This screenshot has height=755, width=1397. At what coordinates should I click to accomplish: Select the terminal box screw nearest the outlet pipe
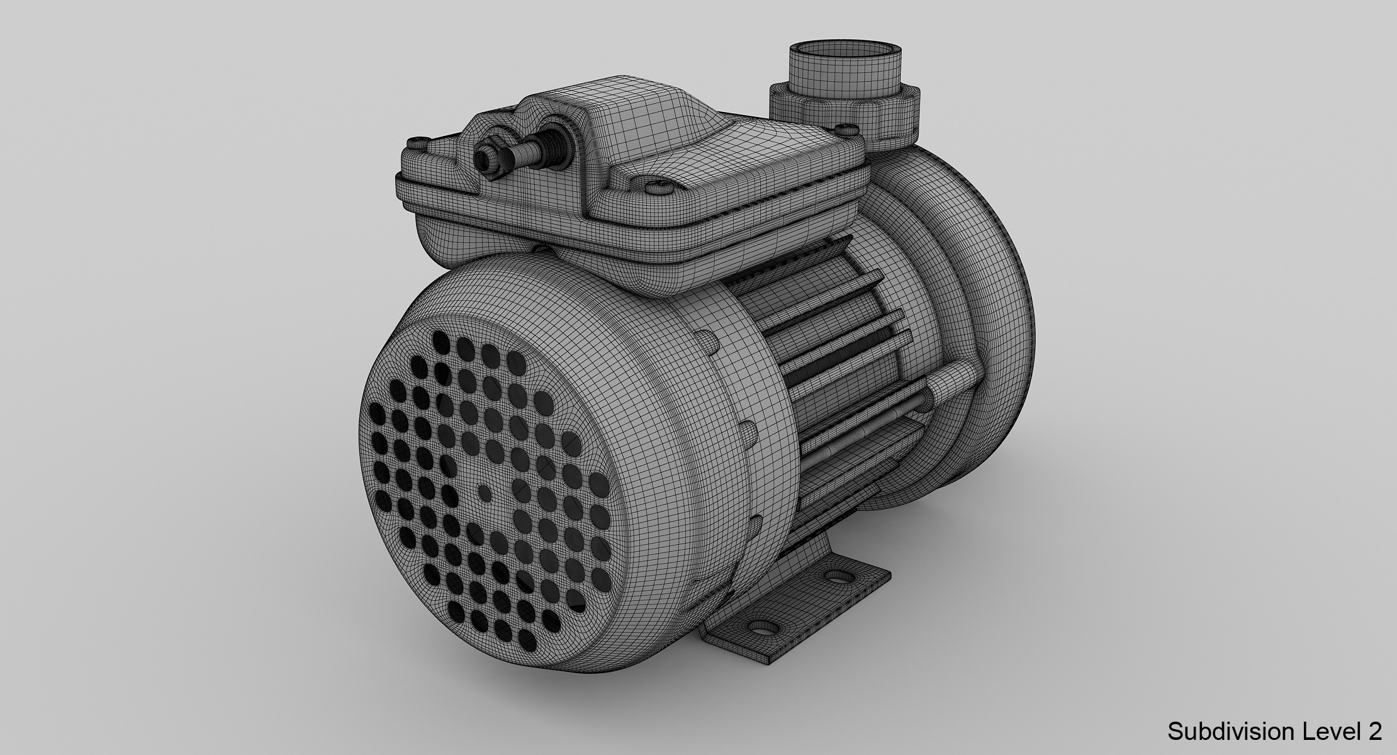tap(847, 129)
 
